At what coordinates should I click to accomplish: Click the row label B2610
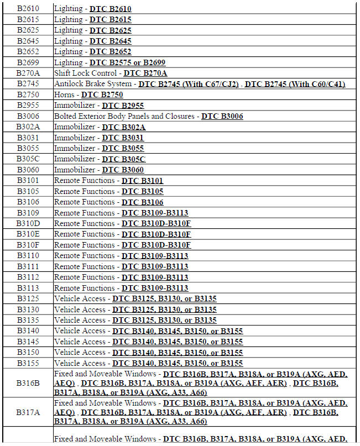click(x=27, y=9)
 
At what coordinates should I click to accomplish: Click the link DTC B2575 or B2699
click(x=127, y=62)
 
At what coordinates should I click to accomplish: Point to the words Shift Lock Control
click(x=86, y=73)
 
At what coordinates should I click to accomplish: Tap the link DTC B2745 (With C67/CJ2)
click(x=189, y=84)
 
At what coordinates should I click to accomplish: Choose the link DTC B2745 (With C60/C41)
click(x=295, y=84)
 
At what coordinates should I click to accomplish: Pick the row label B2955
click(x=27, y=105)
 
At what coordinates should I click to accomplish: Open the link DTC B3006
click(x=222, y=116)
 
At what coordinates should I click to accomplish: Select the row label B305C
click(x=27, y=159)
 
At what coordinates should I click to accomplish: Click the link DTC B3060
click(x=123, y=170)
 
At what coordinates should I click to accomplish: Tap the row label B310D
click(x=27, y=223)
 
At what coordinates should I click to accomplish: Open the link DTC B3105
click(x=143, y=191)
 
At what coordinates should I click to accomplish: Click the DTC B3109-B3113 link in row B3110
click(x=155, y=256)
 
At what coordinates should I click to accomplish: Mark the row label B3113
click(x=27, y=288)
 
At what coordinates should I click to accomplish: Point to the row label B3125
click(x=27, y=298)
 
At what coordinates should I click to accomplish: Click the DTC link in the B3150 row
click(x=178, y=352)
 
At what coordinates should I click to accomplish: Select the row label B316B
click(x=27, y=382)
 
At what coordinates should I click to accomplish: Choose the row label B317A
click(x=27, y=412)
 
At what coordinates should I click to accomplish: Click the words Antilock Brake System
click(x=93, y=84)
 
